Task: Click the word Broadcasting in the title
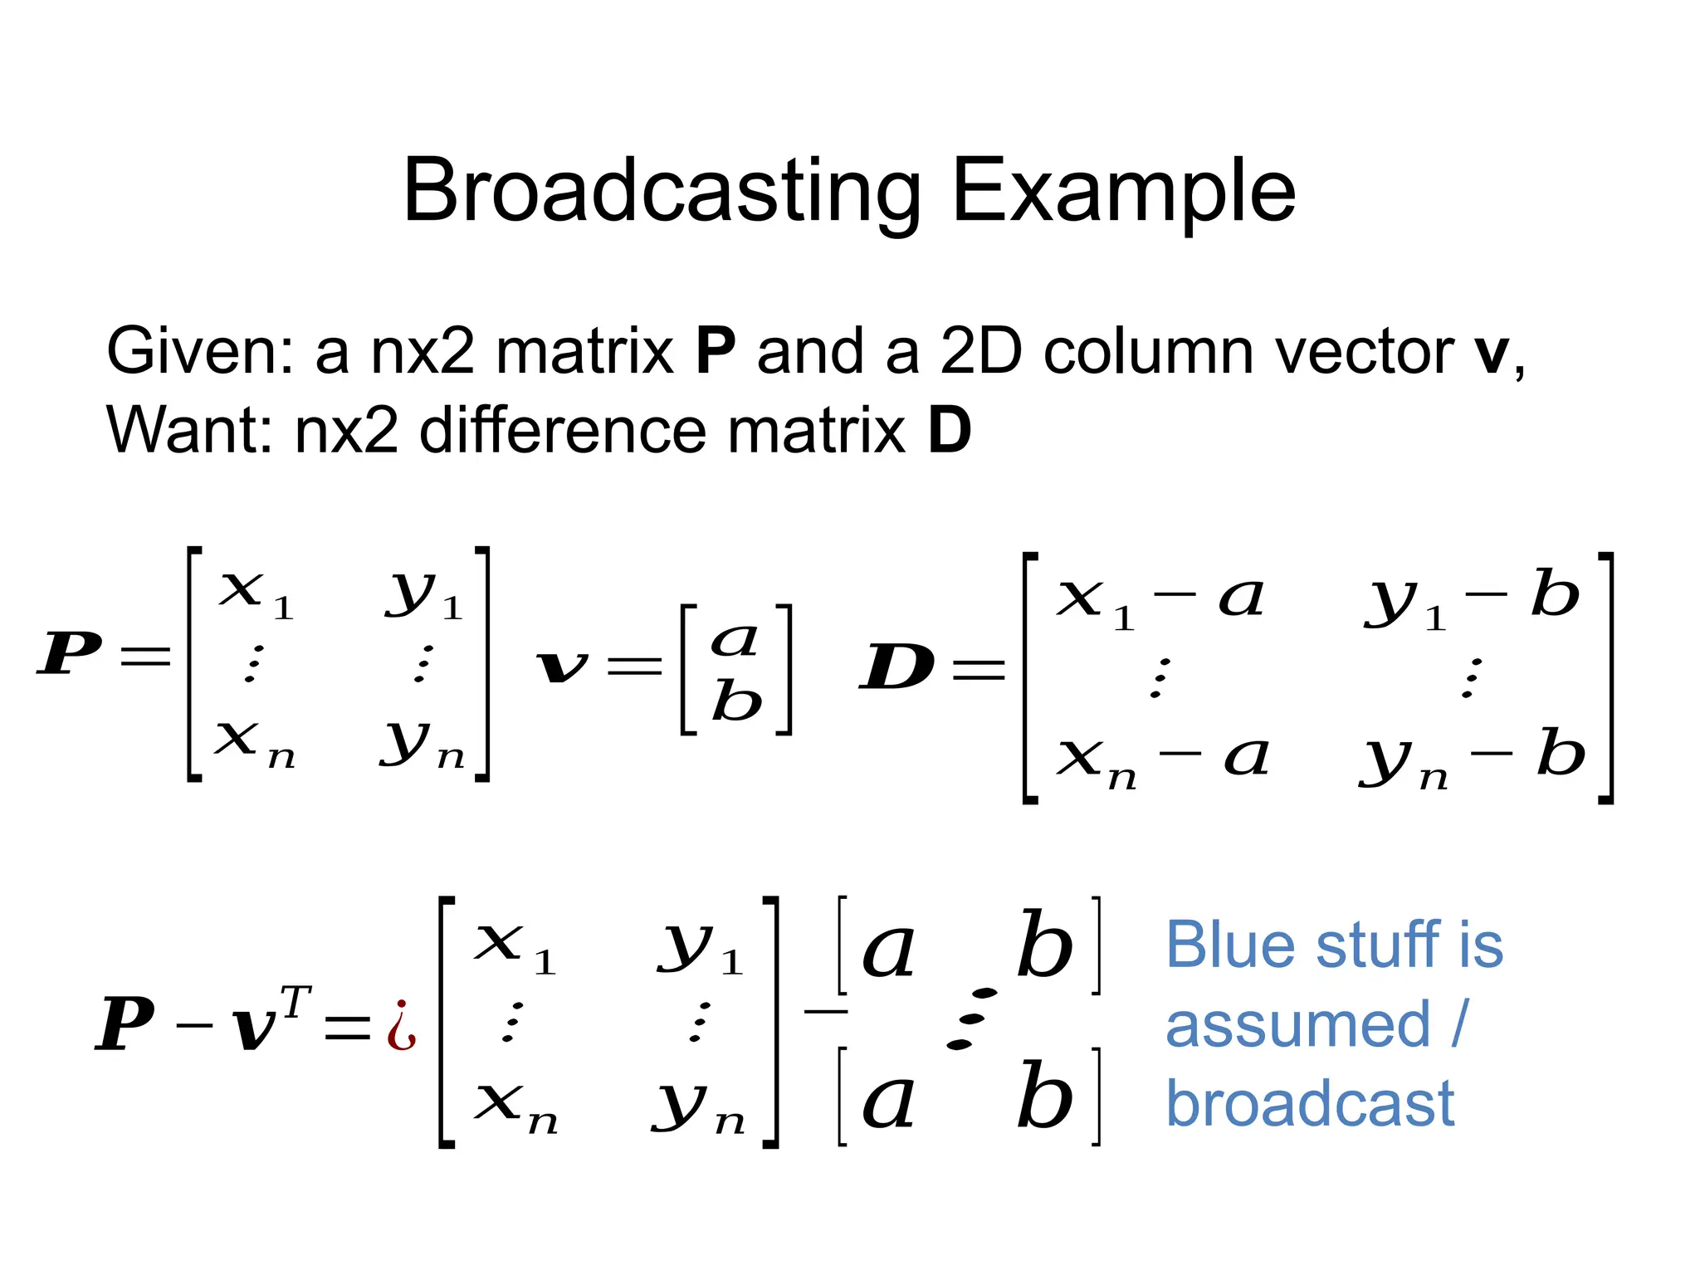(661, 193)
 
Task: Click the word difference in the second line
(564, 432)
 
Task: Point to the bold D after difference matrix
(949, 432)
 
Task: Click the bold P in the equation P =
(70, 653)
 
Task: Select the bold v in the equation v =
(562, 666)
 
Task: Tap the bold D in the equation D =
(896, 667)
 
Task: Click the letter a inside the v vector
(735, 640)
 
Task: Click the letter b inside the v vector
(736, 701)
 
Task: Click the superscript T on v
(296, 1002)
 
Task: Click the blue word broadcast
(1310, 1105)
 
